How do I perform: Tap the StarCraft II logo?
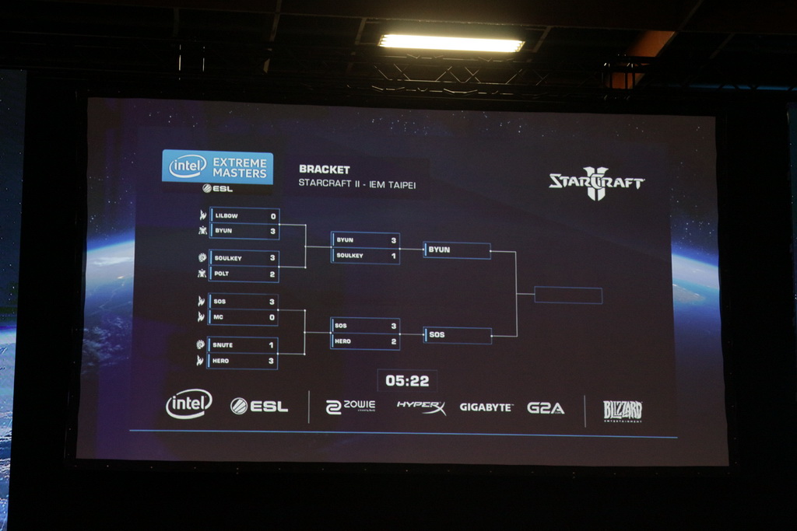coord(596,183)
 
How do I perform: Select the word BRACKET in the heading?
coord(325,169)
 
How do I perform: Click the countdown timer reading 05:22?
coord(407,381)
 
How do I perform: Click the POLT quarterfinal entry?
coord(244,274)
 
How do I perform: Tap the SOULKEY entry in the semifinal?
coord(365,256)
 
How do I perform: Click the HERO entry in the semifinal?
coord(365,341)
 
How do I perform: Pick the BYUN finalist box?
coord(457,250)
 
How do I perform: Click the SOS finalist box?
coord(458,335)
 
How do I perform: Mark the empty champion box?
coord(568,295)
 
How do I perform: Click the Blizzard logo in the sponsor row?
coord(623,410)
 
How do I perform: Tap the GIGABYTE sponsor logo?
coord(486,407)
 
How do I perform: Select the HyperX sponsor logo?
coord(421,407)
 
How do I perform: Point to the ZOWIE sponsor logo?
coord(350,407)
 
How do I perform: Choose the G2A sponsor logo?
coord(546,407)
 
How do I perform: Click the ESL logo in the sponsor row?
coord(259,406)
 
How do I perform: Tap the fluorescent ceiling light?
coord(451,44)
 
